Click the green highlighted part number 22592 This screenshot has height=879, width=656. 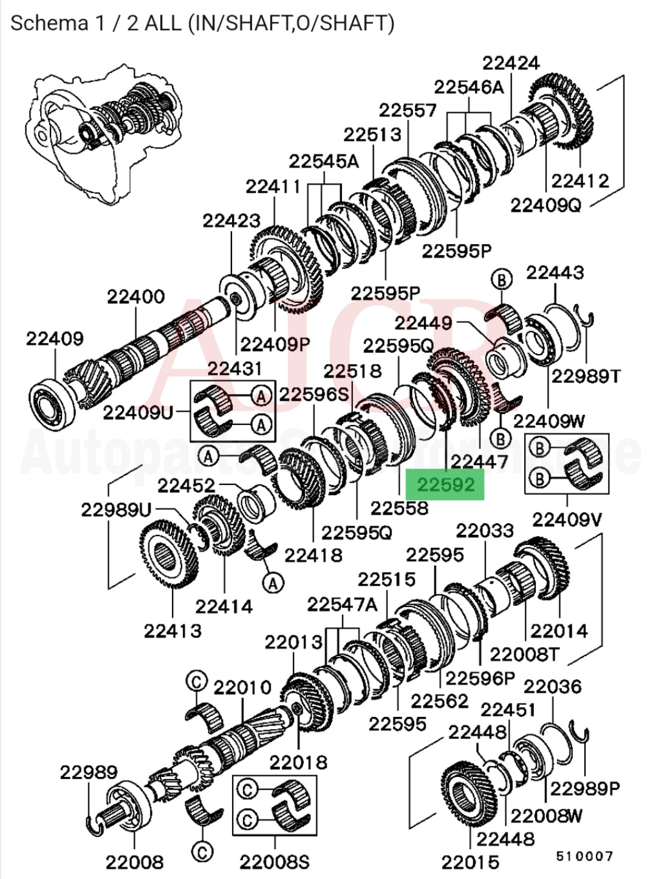coord(445,484)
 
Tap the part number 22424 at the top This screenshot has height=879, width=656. coord(511,63)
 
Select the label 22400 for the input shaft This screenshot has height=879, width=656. coord(136,297)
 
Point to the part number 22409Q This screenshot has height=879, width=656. coord(545,206)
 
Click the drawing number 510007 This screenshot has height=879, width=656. coord(584,856)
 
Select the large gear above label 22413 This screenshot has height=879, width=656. coord(169,555)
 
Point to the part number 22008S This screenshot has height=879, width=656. coord(274,862)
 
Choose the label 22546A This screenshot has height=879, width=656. coord(468,87)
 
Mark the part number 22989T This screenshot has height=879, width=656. coord(586,376)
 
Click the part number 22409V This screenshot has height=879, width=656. coord(567,520)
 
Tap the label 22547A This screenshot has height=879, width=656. coord(342,605)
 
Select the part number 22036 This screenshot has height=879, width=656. coord(552,687)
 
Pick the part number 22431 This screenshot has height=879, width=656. coord(235,368)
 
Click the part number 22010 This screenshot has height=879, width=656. coord(242,688)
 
